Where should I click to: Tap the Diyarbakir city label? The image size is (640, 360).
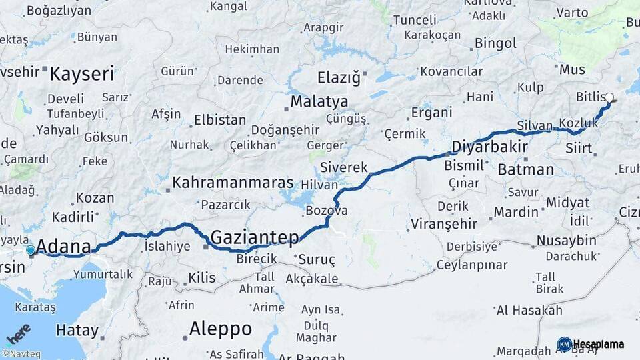(490, 147)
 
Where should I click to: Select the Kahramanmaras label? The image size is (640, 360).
(233, 182)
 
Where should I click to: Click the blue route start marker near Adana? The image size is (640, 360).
(30, 251)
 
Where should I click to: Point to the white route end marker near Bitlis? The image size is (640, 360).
(609, 97)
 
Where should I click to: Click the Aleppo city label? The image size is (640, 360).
(221, 329)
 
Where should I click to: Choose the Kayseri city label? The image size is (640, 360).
(81, 73)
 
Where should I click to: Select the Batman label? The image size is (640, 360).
(525, 169)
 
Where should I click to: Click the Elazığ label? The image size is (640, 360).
(339, 77)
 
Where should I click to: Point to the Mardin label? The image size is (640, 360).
(515, 212)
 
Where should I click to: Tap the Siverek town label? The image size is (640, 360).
(343, 167)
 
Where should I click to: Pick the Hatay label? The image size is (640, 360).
(77, 330)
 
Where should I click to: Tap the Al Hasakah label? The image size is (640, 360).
(529, 310)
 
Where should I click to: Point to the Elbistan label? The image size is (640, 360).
(219, 121)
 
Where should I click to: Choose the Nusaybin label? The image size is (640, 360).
(566, 240)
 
